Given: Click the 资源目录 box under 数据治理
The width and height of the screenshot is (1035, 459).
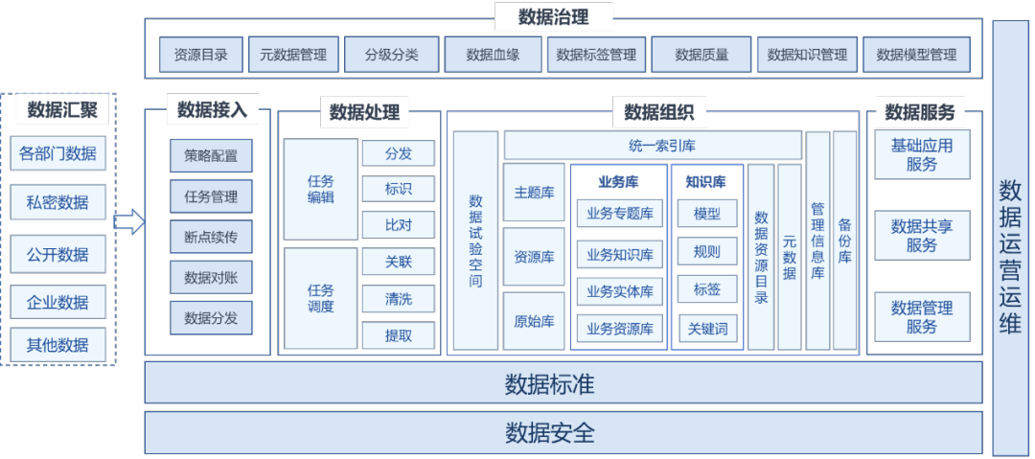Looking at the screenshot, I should click(x=201, y=55).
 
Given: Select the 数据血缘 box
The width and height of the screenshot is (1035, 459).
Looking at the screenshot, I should click(x=493, y=55).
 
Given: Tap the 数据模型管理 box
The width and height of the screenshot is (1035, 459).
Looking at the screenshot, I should click(x=916, y=55).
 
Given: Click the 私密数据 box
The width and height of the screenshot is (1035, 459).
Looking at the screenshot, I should click(x=57, y=202).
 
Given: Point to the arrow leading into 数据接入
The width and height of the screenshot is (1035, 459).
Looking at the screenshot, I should click(x=128, y=223).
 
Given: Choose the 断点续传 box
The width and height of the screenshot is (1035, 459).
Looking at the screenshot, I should click(x=211, y=237).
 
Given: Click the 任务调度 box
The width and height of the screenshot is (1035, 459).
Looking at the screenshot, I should click(x=321, y=298).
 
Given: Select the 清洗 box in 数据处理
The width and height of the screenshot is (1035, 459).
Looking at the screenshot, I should click(x=398, y=299).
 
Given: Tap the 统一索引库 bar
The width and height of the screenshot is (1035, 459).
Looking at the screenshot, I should click(x=652, y=146).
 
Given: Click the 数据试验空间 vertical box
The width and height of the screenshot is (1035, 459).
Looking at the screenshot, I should click(x=475, y=241).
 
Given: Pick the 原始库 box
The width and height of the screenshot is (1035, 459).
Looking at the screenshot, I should click(x=534, y=321).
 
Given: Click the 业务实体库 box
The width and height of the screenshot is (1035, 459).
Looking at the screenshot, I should click(x=620, y=291).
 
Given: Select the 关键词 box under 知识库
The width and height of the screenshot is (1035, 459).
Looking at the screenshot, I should click(x=707, y=329).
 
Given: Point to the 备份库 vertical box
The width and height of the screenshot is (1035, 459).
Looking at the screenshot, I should click(x=844, y=241).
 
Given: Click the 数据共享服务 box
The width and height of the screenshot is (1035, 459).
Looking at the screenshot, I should click(x=922, y=235).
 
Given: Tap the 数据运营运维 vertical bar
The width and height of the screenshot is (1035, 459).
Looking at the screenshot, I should click(x=1010, y=237).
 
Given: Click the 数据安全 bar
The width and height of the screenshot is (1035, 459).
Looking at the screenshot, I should click(x=563, y=432).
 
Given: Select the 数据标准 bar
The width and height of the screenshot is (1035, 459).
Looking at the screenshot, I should click(x=563, y=385).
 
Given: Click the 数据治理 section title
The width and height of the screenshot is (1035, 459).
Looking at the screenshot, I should click(x=553, y=16).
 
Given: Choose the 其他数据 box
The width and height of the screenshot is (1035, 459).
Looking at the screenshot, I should click(x=57, y=344).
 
